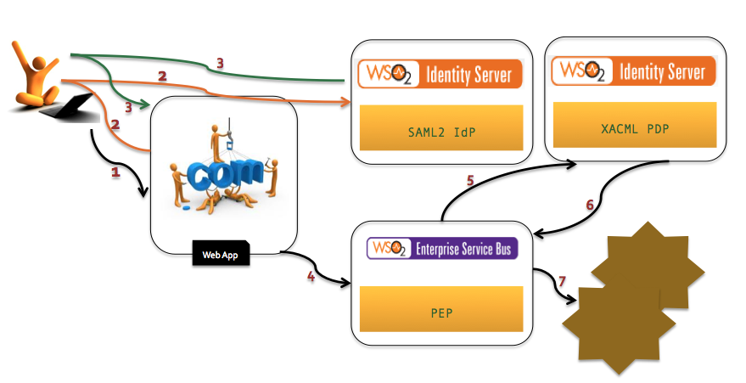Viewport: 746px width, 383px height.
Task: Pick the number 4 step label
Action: [x=311, y=275]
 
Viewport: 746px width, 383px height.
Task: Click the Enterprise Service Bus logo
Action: [x=441, y=248]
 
